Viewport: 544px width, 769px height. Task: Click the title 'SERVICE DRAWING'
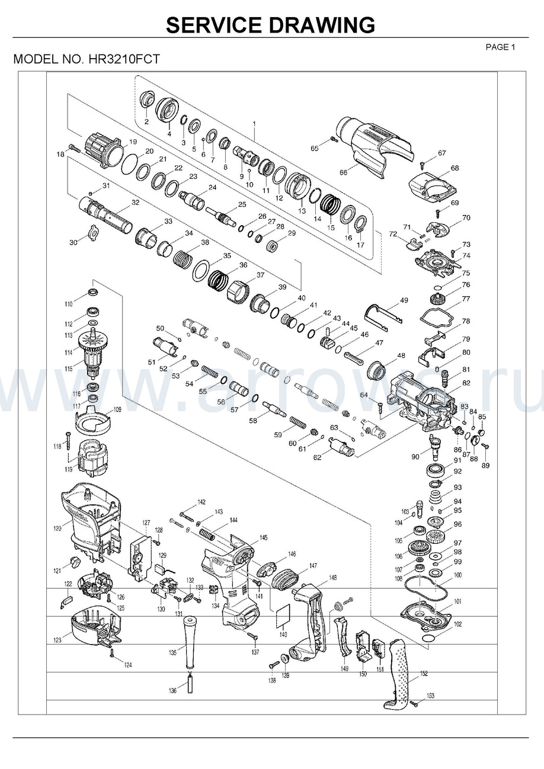pos(270,25)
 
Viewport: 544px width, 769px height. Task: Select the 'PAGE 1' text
pos(501,47)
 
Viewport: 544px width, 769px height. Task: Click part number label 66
pos(343,172)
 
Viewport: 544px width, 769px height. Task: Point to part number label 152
pos(424,674)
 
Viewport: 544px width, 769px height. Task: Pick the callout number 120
pos(57,528)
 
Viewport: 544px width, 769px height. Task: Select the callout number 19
pos(133,142)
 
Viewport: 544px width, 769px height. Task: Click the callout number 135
pos(172,653)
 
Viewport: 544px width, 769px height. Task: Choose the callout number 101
pos(457,602)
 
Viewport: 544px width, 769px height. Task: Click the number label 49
pos(404,301)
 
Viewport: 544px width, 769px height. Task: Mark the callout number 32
pos(135,203)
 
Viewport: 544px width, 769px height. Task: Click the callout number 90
pos(415,457)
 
